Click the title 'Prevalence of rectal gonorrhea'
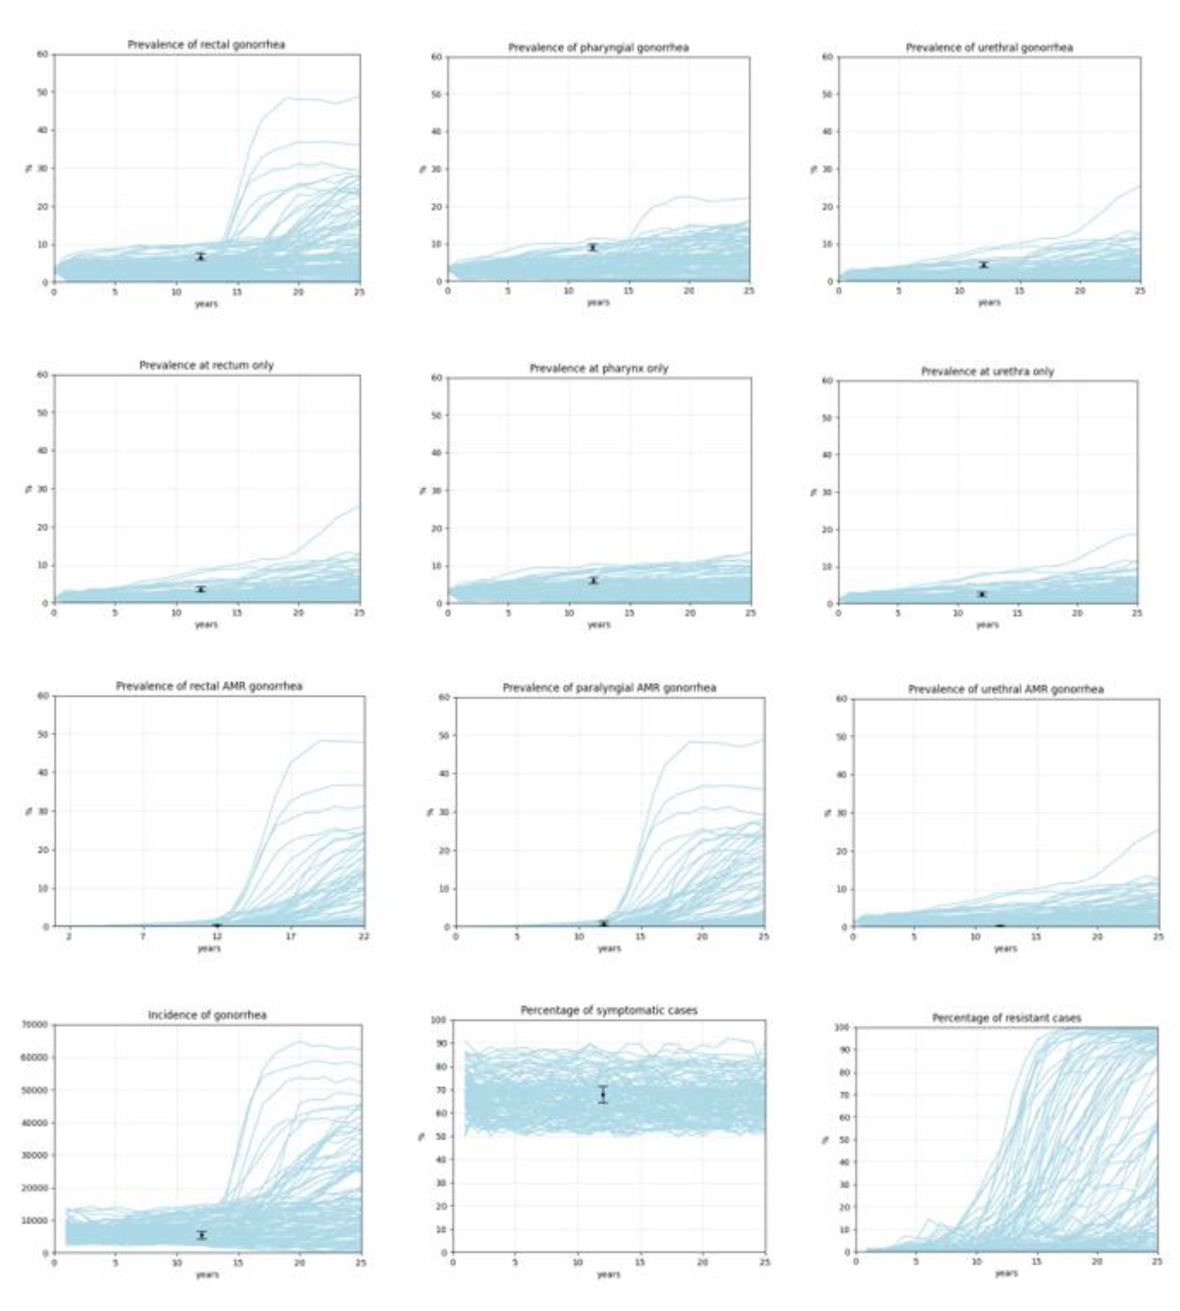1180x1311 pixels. pos(206,45)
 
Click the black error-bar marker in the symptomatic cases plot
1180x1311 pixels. pos(603,1095)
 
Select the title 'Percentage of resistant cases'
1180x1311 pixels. pos(1006,1018)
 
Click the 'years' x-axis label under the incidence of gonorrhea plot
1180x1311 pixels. pos(207,1275)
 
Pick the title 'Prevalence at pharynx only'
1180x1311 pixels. pos(598,368)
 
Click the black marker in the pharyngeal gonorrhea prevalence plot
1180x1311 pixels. pos(592,248)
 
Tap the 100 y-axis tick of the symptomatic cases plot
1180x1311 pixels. pos(438,1020)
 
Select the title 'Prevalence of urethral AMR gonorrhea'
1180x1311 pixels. pos(1006,689)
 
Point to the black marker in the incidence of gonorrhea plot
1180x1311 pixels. pos(202,1235)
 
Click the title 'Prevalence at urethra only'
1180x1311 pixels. pos(988,371)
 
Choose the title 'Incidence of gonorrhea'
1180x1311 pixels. pos(207,1015)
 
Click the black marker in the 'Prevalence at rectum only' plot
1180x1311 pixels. pos(201,589)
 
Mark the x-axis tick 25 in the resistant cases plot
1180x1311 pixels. pos(1156,1262)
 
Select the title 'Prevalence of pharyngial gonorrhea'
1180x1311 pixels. pos(598,47)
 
